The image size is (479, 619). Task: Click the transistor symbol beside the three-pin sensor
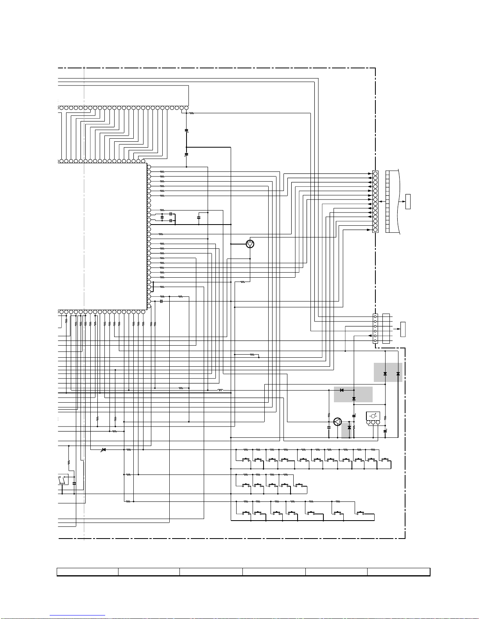pos(337,422)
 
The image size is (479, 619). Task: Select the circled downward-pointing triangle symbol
pos(250,244)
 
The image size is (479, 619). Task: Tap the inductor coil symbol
pos(220,390)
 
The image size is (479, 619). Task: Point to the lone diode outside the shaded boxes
pos(104,450)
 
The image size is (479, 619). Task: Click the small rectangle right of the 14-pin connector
pos(408,201)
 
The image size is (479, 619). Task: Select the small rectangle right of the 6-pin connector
pos(403,329)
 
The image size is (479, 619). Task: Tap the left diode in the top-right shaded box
pos(385,374)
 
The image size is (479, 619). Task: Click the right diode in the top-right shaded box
pos(398,374)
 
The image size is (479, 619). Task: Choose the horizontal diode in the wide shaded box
pos(342,390)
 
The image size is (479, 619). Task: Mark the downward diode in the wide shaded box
pos(354,399)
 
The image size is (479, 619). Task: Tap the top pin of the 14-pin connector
pos(375,173)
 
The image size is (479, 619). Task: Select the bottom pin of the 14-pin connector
pos(375,230)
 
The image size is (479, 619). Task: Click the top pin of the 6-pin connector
pos(375,316)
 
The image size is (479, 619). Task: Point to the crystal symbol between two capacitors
pos(162,217)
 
